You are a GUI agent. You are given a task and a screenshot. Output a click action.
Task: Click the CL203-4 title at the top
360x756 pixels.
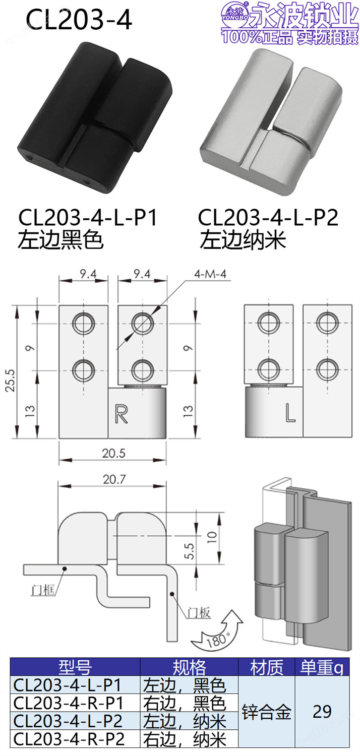coord(79,20)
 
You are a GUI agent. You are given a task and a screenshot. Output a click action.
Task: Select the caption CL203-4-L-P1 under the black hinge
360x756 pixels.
coord(88,218)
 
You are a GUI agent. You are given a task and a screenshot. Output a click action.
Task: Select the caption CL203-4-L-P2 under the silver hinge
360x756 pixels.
coord(268,218)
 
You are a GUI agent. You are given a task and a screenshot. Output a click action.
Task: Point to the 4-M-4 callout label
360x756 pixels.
coord(210,274)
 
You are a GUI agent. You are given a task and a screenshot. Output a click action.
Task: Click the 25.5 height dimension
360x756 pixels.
coord(10,380)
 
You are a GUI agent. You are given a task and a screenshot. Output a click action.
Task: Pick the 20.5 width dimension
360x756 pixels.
coord(114,453)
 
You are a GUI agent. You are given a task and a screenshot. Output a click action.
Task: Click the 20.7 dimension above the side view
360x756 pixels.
coord(114,479)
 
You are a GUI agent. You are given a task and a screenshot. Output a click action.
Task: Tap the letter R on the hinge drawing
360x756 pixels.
coord(121,414)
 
